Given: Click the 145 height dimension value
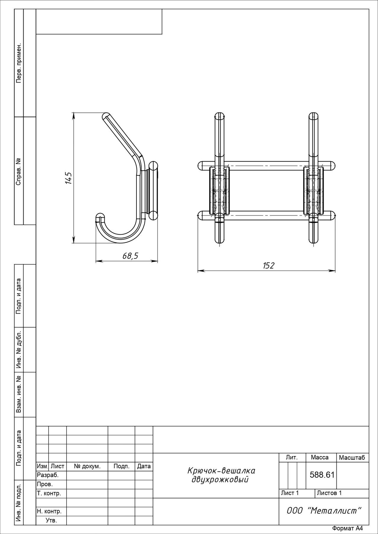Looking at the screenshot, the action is [x=68, y=178].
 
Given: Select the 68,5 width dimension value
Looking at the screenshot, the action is [x=131, y=256].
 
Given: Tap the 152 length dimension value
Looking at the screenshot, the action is [x=268, y=265].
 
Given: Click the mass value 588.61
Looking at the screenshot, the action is [x=322, y=475].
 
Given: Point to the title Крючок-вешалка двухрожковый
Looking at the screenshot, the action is [x=221, y=475].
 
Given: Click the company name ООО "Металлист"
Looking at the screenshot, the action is [x=324, y=510].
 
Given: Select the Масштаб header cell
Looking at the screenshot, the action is [x=352, y=458].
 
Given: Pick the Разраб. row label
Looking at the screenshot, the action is [x=48, y=475].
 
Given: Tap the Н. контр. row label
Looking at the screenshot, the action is [x=49, y=511].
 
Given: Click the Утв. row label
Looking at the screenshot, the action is [x=51, y=520].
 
